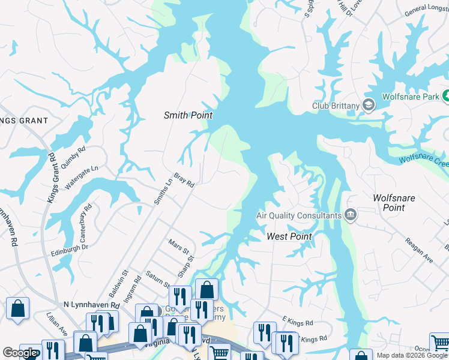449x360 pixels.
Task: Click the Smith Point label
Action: (188, 115)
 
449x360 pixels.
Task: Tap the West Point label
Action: (289, 236)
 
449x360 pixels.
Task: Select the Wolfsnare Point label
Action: (394, 202)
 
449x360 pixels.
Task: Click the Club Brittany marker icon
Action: (369, 106)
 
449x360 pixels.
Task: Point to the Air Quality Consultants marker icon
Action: (350, 215)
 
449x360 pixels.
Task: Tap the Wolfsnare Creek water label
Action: (424, 161)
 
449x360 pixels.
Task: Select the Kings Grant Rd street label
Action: (52, 178)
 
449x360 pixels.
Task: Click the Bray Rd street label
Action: (184, 181)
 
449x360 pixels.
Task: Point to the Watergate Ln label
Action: (81, 178)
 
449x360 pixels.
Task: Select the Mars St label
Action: (179, 246)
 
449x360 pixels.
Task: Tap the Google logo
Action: (19, 353)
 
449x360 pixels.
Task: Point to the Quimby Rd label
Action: (74, 155)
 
